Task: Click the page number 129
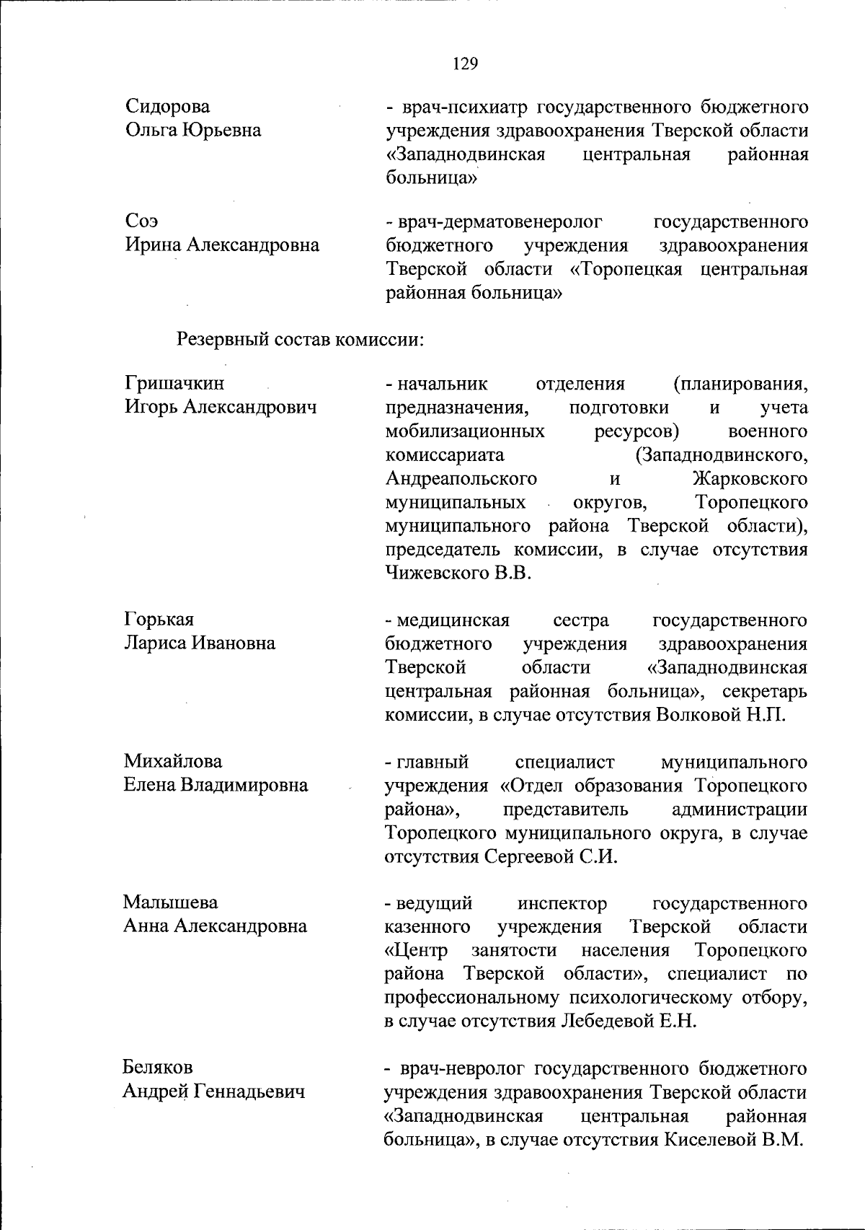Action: [465, 64]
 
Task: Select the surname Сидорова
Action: [168, 107]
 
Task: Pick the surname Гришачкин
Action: [174, 383]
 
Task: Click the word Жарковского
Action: [750, 479]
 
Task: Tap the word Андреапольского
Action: [461, 479]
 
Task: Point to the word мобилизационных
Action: [465, 431]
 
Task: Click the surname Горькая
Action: [159, 620]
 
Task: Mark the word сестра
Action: [581, 620]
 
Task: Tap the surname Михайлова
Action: [172, 761]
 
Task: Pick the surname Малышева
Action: [170, 902]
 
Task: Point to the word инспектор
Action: [562, 903]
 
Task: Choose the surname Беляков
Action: [158, 1067]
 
